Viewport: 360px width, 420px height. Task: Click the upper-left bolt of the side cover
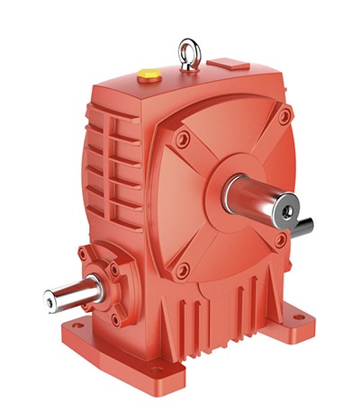[x=183, y=139]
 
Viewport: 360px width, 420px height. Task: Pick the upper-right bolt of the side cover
[x=284, y=116]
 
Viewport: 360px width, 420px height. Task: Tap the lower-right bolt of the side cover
[x=280, y=240]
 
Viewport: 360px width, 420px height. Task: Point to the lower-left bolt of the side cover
[x=183, y=270]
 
